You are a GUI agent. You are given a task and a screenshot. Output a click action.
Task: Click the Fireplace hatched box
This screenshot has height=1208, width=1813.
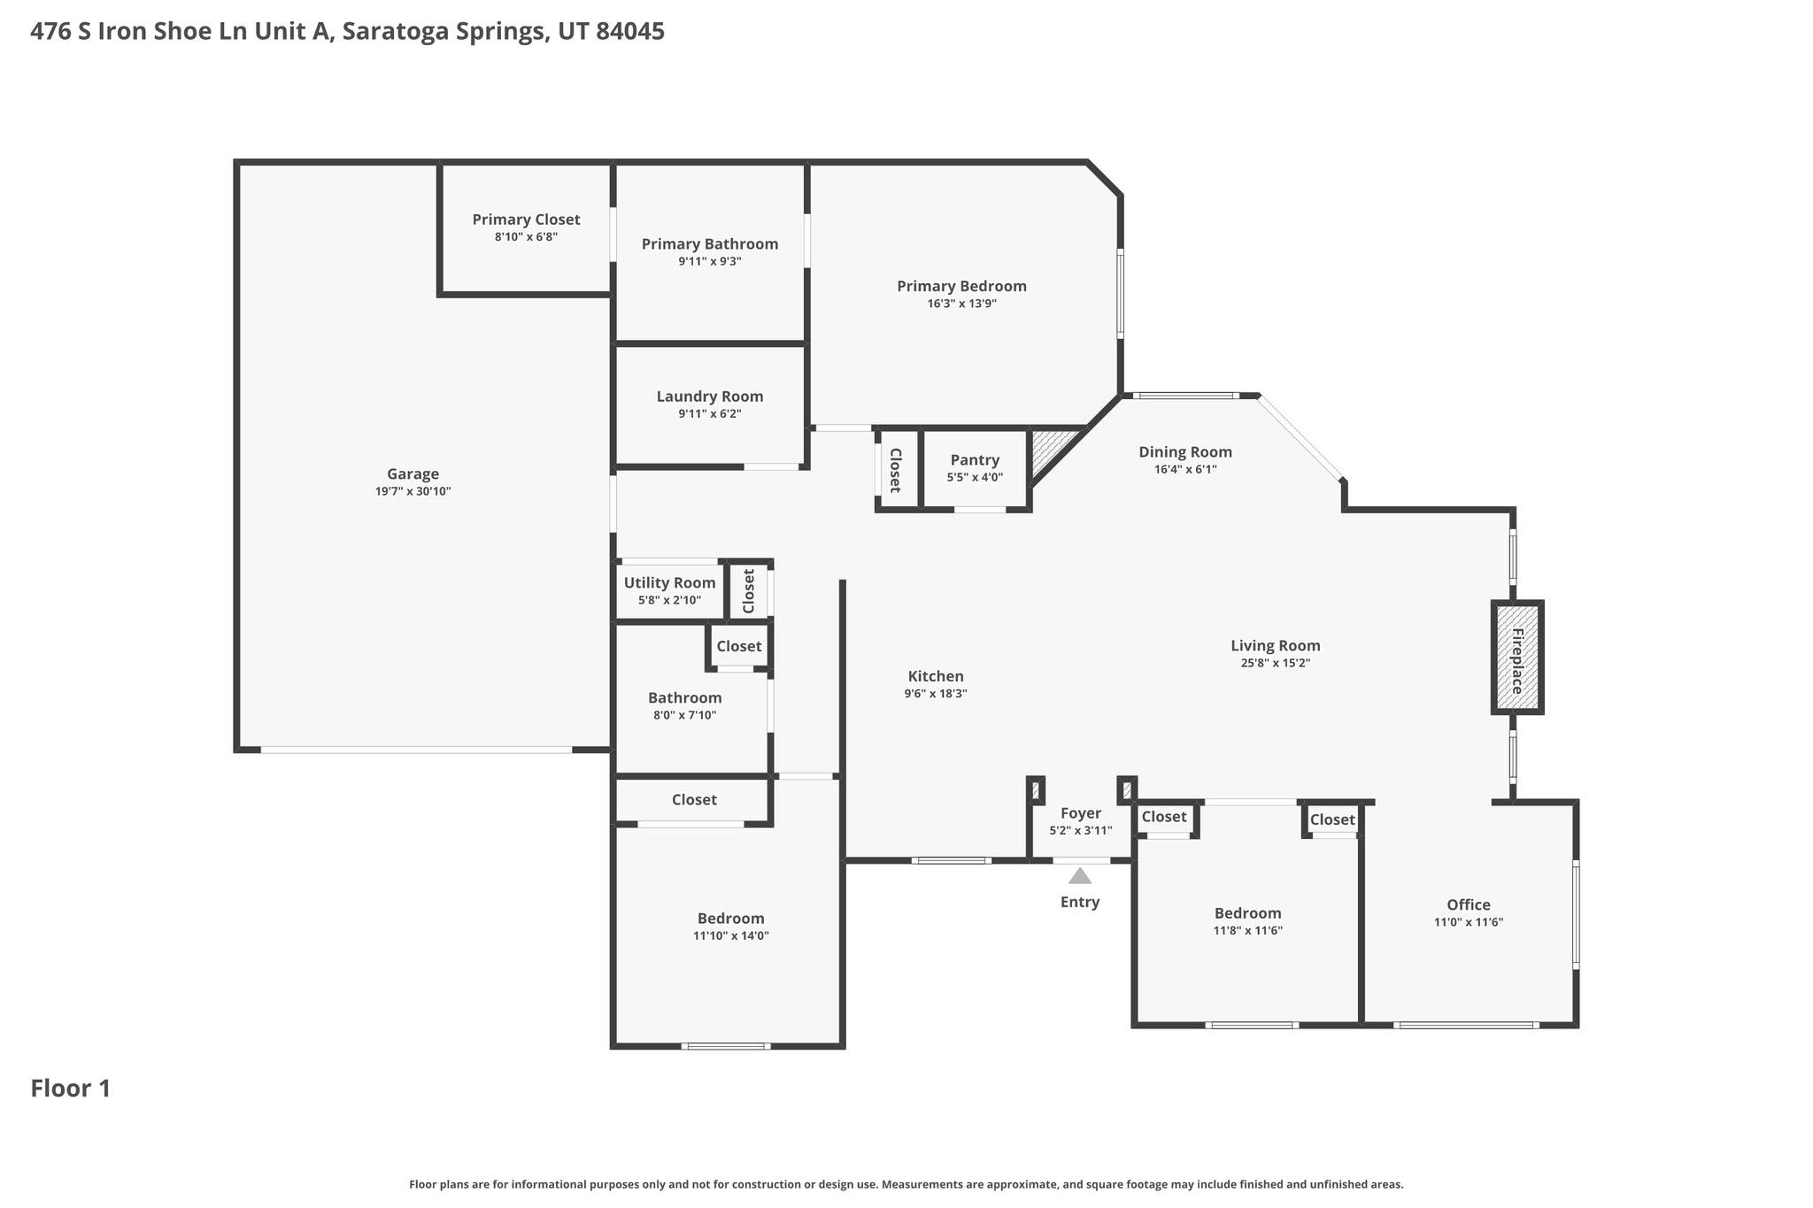[x=1517, y=658]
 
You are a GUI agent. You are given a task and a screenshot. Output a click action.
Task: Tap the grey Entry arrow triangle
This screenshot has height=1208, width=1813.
[x=1079, y=877]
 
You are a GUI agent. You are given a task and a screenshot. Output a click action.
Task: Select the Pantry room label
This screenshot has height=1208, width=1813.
[x=975, y=460]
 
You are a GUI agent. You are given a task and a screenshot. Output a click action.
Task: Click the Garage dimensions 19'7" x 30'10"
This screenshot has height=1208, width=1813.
[x=413, y=491]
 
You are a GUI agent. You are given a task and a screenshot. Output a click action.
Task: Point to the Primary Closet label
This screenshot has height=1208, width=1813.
[x=526, y=219]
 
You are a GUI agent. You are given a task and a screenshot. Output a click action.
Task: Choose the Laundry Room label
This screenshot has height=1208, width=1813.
[x=709, y=396]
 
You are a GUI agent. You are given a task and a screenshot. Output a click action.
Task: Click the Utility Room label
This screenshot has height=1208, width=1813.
[x=669, y=582]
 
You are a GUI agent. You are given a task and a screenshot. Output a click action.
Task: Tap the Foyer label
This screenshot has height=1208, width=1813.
[x=1080, y=813]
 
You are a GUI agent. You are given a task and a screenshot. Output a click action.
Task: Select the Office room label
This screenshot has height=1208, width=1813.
[x=1468, y=904]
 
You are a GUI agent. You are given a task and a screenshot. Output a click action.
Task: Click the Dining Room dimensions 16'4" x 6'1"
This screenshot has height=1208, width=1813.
[x=1184, y=470]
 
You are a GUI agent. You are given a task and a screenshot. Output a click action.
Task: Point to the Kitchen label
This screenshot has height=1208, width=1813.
[x=935, y=676]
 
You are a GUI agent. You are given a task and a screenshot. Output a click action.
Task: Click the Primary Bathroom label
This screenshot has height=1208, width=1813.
[x=709, y=244]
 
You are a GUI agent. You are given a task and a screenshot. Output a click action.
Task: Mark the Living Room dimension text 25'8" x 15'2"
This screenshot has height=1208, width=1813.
[x=1275, y=663]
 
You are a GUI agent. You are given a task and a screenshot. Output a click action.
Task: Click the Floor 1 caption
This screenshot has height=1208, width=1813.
[x=71, y=1089]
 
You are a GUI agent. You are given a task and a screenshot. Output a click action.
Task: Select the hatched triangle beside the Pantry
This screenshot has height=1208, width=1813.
[x=1050, y=447]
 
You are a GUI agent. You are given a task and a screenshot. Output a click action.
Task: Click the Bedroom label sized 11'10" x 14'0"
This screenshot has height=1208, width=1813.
[x=730, y=919]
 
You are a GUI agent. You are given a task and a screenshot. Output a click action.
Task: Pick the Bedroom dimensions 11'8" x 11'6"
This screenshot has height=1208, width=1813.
[x=1247, y=930]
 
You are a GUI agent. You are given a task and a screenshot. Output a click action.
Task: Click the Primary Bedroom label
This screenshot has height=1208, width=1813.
[x=961, y=286]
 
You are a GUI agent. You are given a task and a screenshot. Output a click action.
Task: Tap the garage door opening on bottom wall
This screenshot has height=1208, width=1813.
[x=416, y=750]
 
